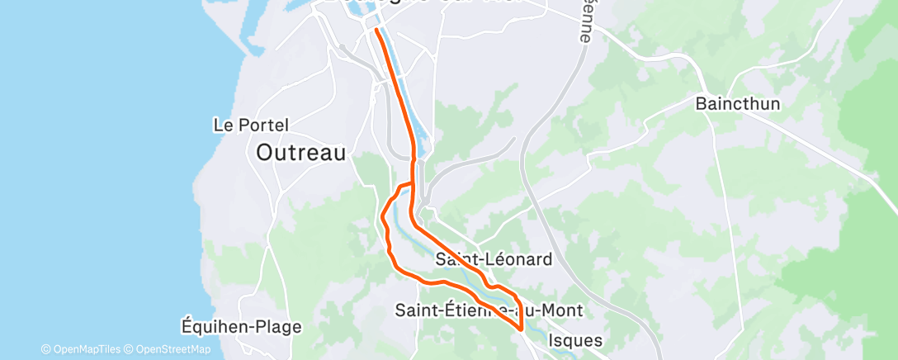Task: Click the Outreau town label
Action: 300,153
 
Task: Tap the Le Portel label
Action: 251,126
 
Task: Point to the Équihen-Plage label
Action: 241,327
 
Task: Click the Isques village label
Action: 575,340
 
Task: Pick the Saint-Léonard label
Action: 494,260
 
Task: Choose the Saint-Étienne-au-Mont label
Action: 489,310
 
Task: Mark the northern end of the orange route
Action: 376,30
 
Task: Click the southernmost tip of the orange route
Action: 522,329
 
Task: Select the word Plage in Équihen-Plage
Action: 276,327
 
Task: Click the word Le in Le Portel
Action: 222,126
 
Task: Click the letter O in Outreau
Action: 265,153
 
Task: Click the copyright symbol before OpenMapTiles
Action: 45,350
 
